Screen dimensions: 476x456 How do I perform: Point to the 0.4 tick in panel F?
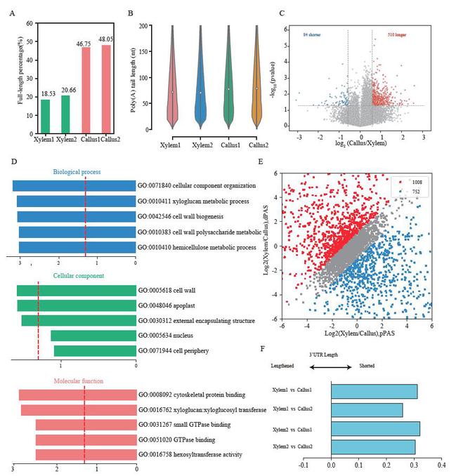(441, 464)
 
